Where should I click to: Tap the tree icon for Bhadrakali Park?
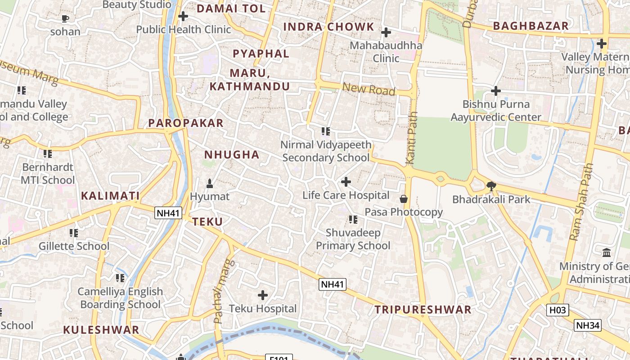pos(491,185)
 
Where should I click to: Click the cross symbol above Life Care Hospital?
pos(346,182)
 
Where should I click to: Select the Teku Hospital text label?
pos(263,309)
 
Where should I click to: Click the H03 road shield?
pos(558,310)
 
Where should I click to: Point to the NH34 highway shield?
pos(588,325)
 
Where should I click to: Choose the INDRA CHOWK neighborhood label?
pos(328,27)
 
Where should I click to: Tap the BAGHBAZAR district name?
pos(531,26)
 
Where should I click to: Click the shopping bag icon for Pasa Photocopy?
pos(404,198)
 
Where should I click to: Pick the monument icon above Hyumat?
pos(209,183)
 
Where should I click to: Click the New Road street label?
pos(369,89)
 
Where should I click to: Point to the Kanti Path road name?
pos(411,138)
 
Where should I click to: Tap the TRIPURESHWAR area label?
pos(423,310)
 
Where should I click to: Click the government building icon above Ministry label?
pos(607,252)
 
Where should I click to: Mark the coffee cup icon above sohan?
pos(65,18)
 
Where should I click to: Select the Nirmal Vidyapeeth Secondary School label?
pos(326,151)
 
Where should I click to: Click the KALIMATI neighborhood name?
pos(110,196)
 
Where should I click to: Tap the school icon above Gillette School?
pos(73,233)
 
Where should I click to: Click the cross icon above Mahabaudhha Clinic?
pos(386,32)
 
